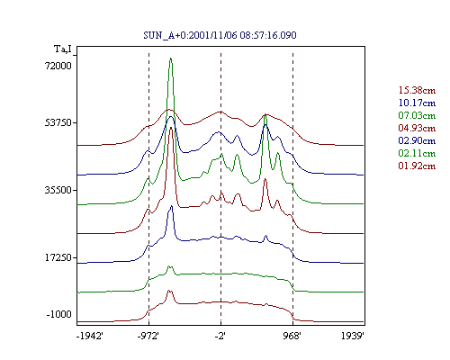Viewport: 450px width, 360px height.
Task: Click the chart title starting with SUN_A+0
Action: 220,35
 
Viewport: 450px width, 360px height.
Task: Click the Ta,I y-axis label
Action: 63,49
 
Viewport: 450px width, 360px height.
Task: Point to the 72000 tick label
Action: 58,66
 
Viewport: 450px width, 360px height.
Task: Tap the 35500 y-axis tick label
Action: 58,190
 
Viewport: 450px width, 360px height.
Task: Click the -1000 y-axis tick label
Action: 59,314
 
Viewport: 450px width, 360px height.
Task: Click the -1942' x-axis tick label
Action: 90,336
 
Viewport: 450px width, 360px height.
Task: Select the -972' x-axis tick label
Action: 148,336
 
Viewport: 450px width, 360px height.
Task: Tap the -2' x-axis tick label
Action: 220,336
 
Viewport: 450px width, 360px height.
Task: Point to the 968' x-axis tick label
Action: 292,336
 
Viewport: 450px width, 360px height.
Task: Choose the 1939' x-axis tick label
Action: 353,336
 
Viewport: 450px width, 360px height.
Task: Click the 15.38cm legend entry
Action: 417,90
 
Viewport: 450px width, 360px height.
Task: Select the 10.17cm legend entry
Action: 417,103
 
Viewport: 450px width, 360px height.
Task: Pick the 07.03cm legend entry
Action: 417,115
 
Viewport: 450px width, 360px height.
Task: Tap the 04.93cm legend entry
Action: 417,128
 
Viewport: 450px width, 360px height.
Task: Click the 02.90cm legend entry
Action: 417,140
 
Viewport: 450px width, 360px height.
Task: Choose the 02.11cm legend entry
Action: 417,153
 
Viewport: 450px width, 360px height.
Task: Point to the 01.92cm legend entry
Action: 417,166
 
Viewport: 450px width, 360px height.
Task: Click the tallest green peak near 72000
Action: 170,58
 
